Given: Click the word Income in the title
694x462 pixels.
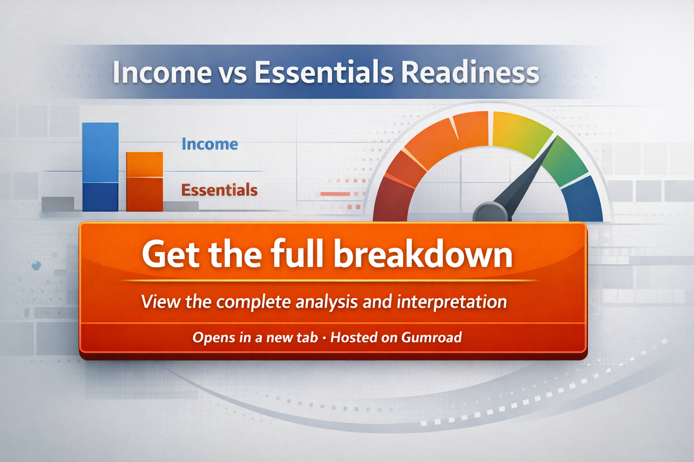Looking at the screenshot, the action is point(162,72).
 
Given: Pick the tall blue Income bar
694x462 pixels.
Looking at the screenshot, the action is point(100,167).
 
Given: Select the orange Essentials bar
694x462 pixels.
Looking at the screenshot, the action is point(145,182).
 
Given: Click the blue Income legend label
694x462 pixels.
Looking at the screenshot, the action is point(210,144).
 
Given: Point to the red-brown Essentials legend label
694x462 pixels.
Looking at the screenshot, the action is point(219,189).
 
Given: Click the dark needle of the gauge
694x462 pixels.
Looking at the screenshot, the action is point(527,176).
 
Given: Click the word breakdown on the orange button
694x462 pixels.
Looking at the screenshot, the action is point(423,254).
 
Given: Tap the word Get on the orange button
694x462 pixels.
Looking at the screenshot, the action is point(171,254).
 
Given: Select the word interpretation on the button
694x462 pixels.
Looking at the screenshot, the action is point(452,302).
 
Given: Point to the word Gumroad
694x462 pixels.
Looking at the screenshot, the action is point(431,337).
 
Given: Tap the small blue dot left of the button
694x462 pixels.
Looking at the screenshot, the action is point(37,265).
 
